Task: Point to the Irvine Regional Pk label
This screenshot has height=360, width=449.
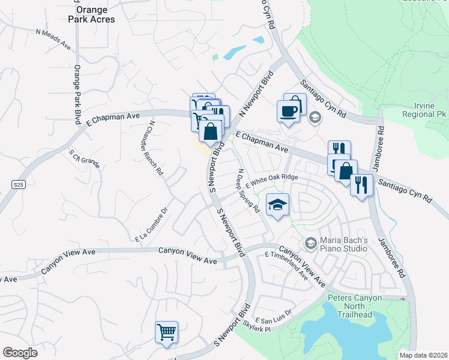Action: [x=424, y=109]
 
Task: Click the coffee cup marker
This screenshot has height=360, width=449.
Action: [x=289, y=112]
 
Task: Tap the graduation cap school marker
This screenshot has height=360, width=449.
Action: [x=277, y=206]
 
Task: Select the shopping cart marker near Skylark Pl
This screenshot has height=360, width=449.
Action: [x=166, y=332]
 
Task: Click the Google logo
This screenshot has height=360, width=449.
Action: [x=20, y=353]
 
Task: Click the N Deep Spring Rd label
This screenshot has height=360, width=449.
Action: [x=248, y=191]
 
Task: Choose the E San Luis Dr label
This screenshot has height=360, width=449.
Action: [x=273, y=316]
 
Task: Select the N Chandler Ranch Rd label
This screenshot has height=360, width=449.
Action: [x=155, y=147]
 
